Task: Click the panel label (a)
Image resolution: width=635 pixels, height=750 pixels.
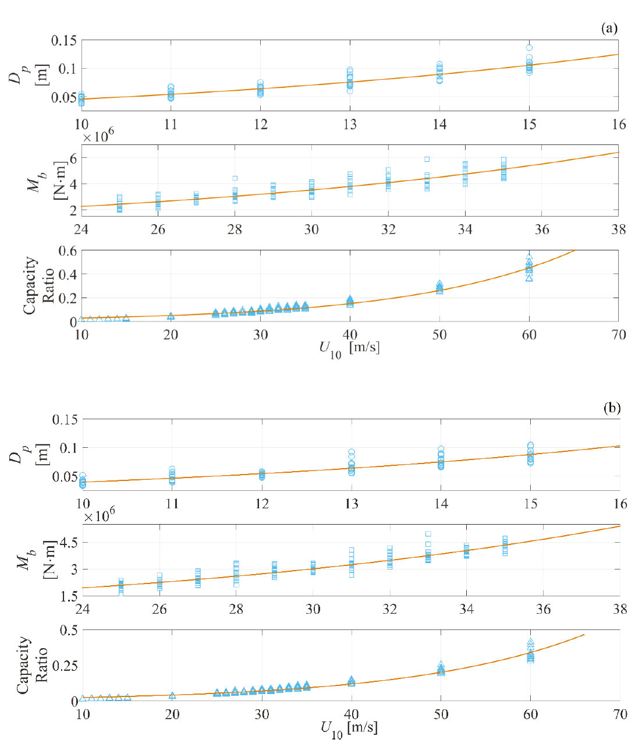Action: click(609, 29)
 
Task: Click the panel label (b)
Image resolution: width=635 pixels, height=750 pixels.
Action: click(612, 408)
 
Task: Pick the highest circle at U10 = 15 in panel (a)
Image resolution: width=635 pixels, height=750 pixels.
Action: click(529, 48)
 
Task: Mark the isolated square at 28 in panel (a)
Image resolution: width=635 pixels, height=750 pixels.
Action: click(235, 178)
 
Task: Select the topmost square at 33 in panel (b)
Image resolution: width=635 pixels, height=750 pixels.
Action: click(428, 533)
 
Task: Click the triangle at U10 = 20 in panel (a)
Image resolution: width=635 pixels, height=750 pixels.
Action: click(171, 316)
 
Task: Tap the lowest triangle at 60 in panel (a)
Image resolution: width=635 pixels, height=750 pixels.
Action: click(529, 278)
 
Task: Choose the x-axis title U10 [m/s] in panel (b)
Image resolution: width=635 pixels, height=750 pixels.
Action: click(349, 728)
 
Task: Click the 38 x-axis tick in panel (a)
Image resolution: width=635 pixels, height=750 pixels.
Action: click(618, 229)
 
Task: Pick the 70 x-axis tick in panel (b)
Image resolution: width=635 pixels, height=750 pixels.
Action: click(619, 714)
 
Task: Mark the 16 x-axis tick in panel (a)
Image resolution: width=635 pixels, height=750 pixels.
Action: click(619, 124)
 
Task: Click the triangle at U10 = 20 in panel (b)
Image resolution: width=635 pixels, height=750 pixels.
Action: click(172, 696)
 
